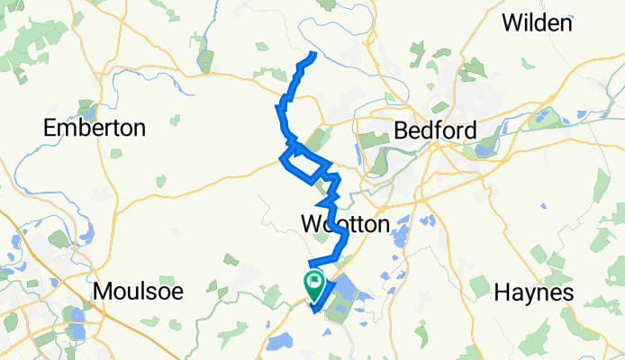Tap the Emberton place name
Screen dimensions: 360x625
click(x=95, y=128)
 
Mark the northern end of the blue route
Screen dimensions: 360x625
click(x=313, y=56)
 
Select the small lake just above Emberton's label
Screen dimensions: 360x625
click(x=87, y=104)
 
